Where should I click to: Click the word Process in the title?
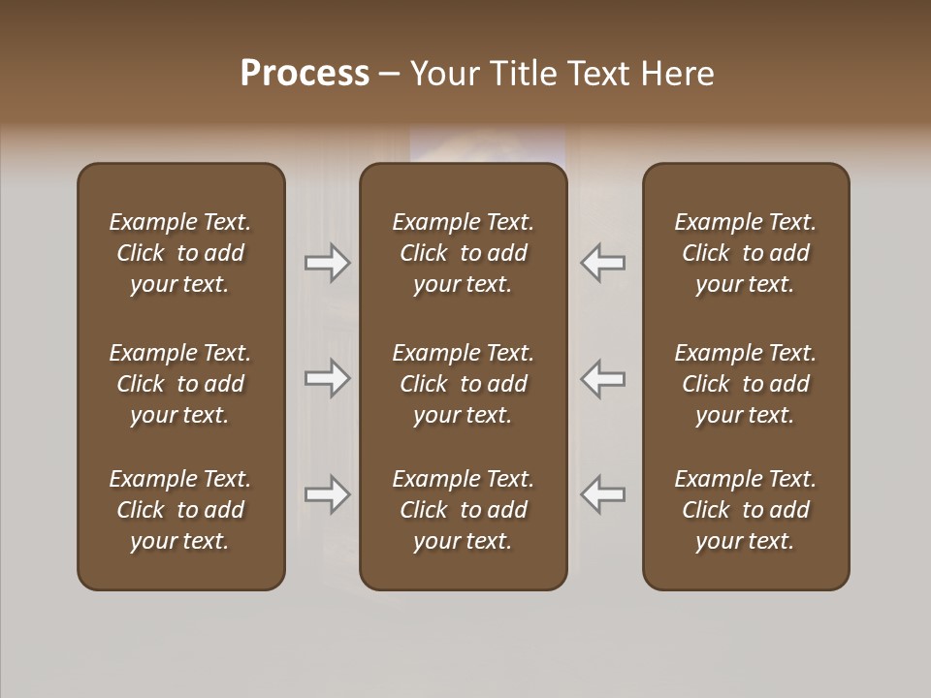305,74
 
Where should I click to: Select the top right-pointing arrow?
327,263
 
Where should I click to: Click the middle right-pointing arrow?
327,379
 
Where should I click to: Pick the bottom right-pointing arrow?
327,494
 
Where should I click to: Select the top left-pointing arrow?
603,263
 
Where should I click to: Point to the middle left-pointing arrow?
603,379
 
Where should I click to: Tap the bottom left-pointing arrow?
603,494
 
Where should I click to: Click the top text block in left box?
180,253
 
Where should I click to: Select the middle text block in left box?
180,384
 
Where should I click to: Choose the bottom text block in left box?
180,510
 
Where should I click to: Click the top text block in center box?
463,253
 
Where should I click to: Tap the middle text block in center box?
463,384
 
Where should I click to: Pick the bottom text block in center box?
463,510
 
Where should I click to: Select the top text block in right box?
745,253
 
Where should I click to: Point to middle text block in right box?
745,384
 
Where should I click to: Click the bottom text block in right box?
745,510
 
